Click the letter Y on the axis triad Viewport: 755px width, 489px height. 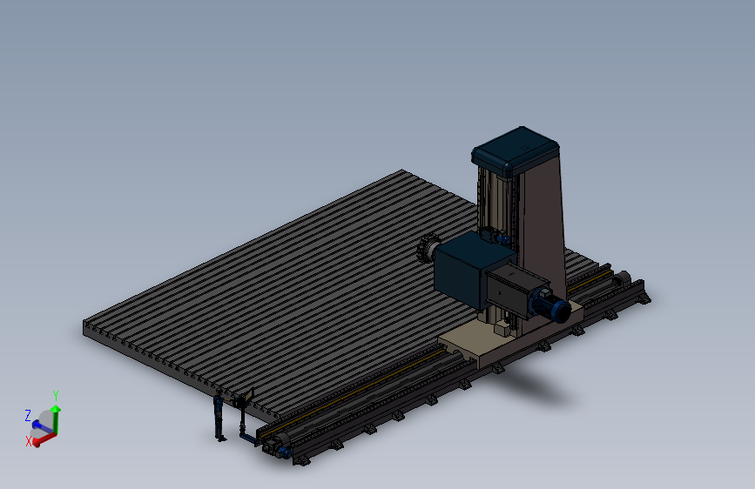(x=56, y=396)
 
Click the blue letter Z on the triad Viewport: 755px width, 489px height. (x=28, y=415)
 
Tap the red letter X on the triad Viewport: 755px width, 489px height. (x=29, y=441)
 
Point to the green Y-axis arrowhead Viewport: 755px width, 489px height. (x=56, y=409)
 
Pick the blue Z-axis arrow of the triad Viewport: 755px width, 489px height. (x=42, y=426)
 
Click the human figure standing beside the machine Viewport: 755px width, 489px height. (x=219, y=415)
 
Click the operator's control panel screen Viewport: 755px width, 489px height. (x=248, y=396)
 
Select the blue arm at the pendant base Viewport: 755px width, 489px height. (x=248, y=437)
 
